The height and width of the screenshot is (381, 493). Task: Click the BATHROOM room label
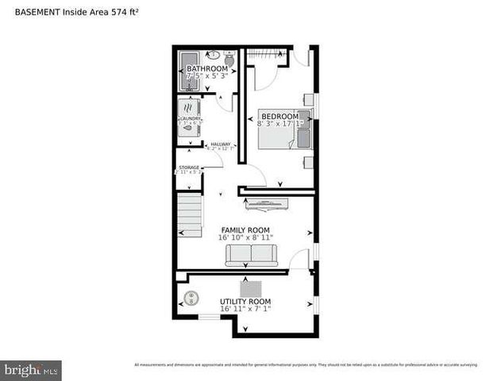tap(207, 69)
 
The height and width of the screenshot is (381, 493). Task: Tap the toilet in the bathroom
tap(229, 59)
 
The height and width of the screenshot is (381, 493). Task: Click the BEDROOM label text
tap(279, 117)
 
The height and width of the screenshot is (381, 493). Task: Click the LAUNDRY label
tap(190, 119)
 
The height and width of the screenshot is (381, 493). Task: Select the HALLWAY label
tap(221, 144)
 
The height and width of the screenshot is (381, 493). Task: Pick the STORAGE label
tap(189, 167)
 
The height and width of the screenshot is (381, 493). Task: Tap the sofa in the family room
tap(251, 255)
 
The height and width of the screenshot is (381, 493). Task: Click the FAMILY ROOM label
tap(246, 229)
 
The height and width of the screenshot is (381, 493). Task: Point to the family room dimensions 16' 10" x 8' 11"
tap(246, 237)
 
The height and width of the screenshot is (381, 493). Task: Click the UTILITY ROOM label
tap(245, 302)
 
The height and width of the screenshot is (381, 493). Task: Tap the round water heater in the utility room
tap(191, 298)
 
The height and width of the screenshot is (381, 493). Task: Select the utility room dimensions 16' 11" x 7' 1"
tap(245, 310)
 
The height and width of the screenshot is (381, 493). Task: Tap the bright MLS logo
tap(31, 370)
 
